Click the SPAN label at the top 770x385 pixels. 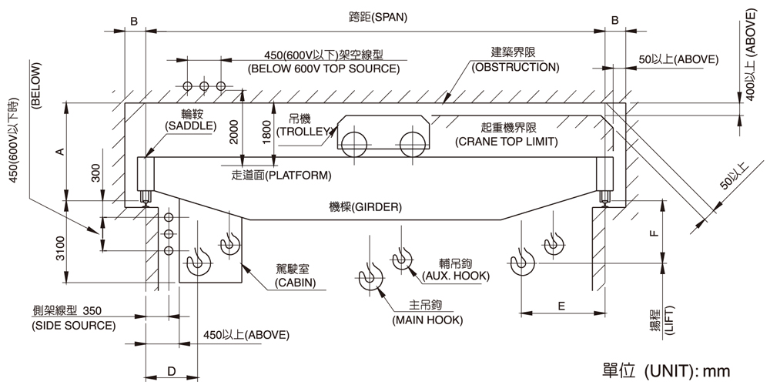point(377,17)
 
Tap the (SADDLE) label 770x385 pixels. point(191,126)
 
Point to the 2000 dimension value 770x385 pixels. point(234,132)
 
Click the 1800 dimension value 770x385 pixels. point(266,132)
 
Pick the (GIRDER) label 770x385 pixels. point(365,207)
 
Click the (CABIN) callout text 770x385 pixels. point(295,283)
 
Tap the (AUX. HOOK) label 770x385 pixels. point(456,276)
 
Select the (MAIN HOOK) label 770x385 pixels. point(427,320)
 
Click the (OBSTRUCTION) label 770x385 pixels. point(515,67)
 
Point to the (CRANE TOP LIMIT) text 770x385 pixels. point(507,142)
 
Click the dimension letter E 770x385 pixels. point(561,306)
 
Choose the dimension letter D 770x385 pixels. point(172,372)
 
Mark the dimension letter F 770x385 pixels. point(654,233)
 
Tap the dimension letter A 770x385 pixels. point(60,152)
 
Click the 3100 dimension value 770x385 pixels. point(60,249)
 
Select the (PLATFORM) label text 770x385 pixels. point(281,175)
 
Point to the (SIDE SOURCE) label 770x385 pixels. point(74,325)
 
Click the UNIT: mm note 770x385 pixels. point(666,370)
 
